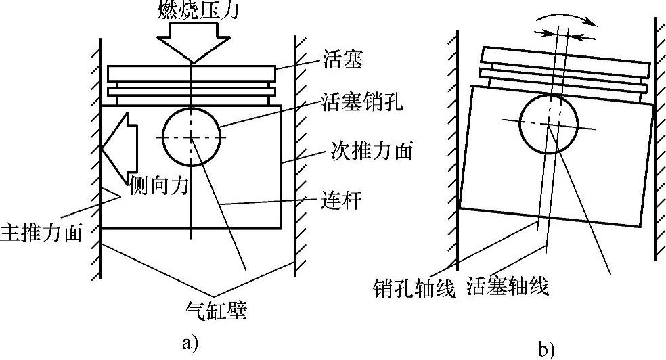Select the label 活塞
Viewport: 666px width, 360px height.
[x=345, y=61]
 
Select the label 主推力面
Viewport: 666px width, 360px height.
[x=41, y=232]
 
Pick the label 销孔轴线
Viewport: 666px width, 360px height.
[x=412, y=288]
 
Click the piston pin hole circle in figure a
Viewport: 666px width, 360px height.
[x=192, y=137]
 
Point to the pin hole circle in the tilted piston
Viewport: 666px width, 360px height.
[x=550, y=124]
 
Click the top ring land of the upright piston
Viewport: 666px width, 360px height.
[x=192, y=73]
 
